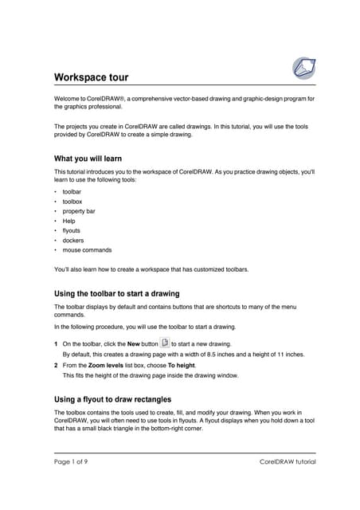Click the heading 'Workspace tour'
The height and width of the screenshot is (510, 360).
[91, 77]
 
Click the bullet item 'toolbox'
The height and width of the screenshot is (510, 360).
[72, 202]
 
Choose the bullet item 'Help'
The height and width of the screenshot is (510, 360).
[69, 221]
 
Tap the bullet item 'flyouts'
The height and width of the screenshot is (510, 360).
[72, 230]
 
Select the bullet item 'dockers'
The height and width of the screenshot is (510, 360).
[72, 240]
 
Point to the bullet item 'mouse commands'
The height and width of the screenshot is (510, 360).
[87, 249]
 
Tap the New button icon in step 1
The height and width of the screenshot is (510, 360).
[165, 343]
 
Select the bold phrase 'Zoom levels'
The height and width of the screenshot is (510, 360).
[105, 365]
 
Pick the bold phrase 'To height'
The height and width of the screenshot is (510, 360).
[180, 365]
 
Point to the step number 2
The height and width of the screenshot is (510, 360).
[56, 365]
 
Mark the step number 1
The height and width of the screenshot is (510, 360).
[56, 343]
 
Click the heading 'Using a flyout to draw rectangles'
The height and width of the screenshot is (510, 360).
[112, 398]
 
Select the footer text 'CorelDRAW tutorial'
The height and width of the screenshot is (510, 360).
[288, 462]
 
